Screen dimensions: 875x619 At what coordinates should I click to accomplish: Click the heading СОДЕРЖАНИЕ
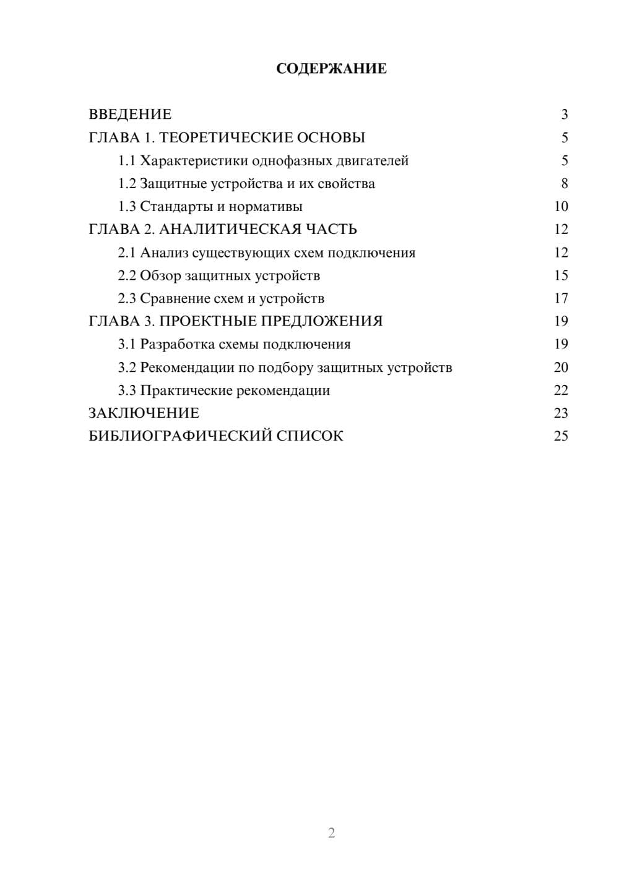click(x=331, y=69)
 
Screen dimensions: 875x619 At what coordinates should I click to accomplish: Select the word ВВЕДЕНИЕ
click(x=130, y=114)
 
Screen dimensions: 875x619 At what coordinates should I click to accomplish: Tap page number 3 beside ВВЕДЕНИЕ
click(x=564, y=114)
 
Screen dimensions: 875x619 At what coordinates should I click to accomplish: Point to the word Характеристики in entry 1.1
click(x=194, y=161)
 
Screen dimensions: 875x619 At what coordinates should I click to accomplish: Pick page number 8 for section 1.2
click(x=564, y=184)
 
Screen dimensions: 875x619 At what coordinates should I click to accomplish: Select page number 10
click(x=561, y=207)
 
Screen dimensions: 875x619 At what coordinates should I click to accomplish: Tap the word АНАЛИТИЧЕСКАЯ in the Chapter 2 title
click(x=230, y=230)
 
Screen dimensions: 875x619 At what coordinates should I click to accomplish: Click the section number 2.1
click(x=127, y=252)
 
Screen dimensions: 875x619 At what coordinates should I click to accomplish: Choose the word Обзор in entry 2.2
click(x=160, y=275)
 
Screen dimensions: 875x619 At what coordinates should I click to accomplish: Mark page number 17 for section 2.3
click(x=561, y=298)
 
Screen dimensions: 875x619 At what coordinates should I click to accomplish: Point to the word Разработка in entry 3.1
click(x=178, y=344)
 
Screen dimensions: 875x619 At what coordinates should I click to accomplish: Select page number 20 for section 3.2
click(x=561, y=367)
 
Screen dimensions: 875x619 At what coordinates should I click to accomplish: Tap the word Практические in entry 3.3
click(x=186, y=390)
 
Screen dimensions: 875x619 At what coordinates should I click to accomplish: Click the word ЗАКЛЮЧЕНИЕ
click(x=144, y=413)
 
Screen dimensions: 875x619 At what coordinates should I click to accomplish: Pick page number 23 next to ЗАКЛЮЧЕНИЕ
click(x=561, y=413)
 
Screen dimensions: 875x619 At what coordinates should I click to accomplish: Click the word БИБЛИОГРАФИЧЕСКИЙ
click(x=180, y=436)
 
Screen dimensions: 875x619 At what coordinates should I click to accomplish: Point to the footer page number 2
click(x=331, y=833)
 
